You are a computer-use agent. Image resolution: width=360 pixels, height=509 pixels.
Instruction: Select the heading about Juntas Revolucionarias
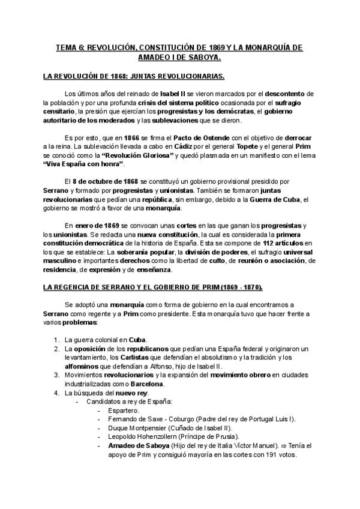pos(134,77)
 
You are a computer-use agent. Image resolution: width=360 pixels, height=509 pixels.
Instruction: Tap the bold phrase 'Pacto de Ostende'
pos(178,137)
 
